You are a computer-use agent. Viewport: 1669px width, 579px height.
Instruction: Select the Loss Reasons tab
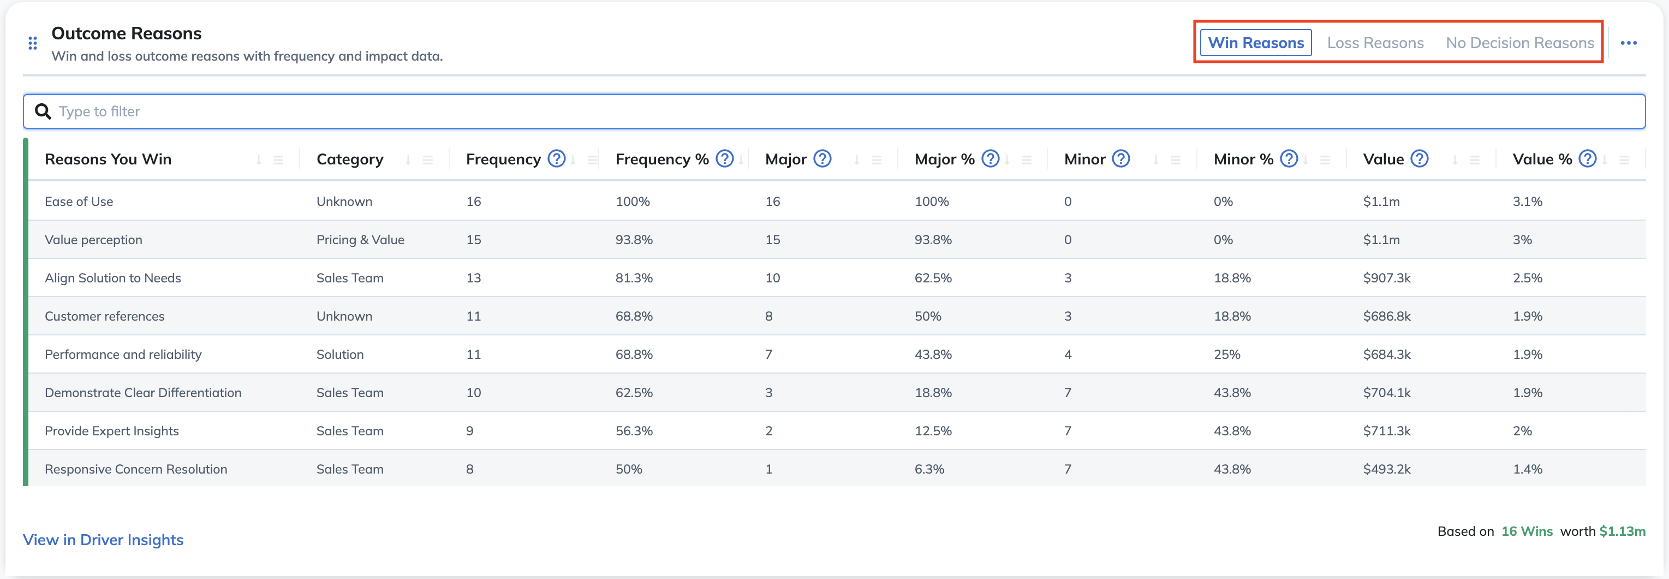[1375, 43]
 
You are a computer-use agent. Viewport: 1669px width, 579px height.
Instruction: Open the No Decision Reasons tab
[1519, 43]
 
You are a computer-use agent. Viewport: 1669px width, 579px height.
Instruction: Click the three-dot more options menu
[1628, 43]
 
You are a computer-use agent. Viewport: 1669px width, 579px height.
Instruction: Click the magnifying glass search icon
[43, 111]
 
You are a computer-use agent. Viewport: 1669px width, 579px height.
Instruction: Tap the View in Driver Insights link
[103, 540]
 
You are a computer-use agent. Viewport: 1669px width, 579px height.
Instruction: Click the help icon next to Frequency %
[724, 159]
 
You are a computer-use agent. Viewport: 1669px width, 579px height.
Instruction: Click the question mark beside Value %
[1587, 159]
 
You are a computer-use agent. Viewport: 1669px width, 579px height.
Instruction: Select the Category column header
[350, 159]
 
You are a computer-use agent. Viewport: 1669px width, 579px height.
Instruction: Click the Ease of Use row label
[79, 202]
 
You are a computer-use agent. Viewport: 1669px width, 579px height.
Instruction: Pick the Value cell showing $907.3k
[1386, 278]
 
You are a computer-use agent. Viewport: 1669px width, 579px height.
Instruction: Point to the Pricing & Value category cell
[360, 240]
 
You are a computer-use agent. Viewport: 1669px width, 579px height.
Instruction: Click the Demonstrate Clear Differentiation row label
[143, 393]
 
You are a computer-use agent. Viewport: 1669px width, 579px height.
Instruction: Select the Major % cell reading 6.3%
[929, 469]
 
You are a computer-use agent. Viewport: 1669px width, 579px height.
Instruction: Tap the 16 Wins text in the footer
[1527, 531]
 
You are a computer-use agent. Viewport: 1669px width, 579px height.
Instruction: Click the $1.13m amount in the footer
[1622, 531]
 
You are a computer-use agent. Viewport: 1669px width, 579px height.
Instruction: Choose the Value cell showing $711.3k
[1386, 431]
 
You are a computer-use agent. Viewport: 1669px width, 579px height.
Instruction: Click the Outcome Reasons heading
[126, 33]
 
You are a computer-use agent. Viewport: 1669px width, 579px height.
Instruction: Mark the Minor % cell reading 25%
[1226, 355]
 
